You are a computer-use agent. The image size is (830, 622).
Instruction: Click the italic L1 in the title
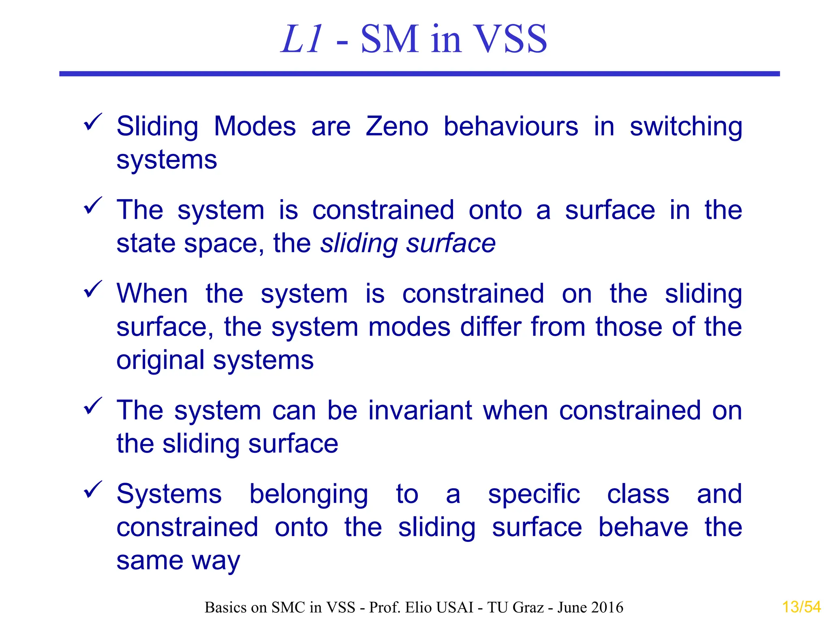tap(302, 39)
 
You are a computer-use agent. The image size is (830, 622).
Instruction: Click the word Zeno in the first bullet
tap(397, 126)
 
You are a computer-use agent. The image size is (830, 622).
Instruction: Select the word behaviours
tap(511, 126)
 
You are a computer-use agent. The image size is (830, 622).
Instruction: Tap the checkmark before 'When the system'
tap(93, 289)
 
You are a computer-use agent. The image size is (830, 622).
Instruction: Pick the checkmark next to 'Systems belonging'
tap(93, 490)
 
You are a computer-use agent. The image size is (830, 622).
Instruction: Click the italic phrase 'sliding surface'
tap(408, 244)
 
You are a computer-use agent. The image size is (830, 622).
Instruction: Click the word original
tap(160, 361)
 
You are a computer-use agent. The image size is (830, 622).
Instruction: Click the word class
tap(638, 494)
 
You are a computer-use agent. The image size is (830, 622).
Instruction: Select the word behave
tap(643, 527)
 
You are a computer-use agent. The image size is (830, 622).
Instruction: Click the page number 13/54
tap(801, 607)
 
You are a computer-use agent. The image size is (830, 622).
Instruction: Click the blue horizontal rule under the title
tap(419, 74)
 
